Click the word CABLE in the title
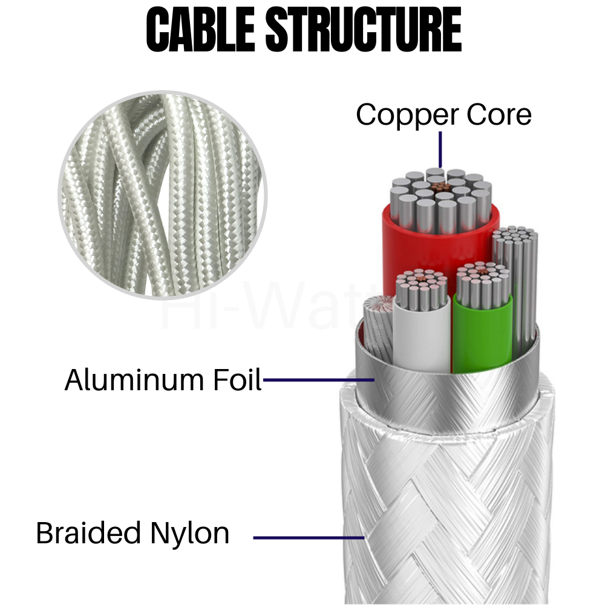pos(201,30)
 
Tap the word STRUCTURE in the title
pos(364,30)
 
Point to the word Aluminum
pos(132,380)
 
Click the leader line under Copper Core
pos(440,148)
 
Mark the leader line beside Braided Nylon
pos(309,537)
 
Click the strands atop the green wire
pos(483,281)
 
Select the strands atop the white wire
pos(422,287)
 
